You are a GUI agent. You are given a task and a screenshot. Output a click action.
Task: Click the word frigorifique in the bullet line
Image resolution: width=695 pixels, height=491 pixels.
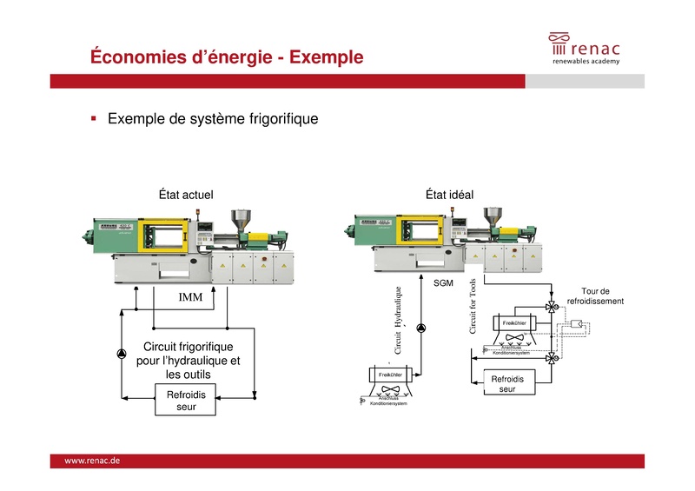point(279,118)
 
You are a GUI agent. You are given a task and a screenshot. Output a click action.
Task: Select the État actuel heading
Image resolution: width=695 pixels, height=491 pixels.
point(185,195)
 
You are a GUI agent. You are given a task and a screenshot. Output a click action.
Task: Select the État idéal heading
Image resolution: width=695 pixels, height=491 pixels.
point(449,195)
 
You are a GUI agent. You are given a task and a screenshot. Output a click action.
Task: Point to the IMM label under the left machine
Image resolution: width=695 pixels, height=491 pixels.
point(190,298)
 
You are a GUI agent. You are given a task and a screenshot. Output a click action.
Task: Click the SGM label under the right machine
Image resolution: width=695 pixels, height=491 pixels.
point(443,283)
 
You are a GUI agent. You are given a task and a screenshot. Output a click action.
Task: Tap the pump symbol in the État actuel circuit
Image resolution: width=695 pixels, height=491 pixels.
point(120,352)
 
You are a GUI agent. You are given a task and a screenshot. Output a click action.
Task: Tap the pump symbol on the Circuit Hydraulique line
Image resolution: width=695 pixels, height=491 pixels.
point(421,328)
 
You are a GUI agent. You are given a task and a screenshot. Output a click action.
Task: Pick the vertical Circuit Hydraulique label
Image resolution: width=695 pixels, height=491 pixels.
point(399,320)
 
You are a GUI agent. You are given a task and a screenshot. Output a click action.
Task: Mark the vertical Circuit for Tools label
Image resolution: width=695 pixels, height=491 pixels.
point(473,307)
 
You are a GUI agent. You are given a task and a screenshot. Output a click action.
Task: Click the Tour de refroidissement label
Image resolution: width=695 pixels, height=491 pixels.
point(595,296)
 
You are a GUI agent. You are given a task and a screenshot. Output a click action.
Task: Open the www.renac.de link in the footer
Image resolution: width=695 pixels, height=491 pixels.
point(92,461)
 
